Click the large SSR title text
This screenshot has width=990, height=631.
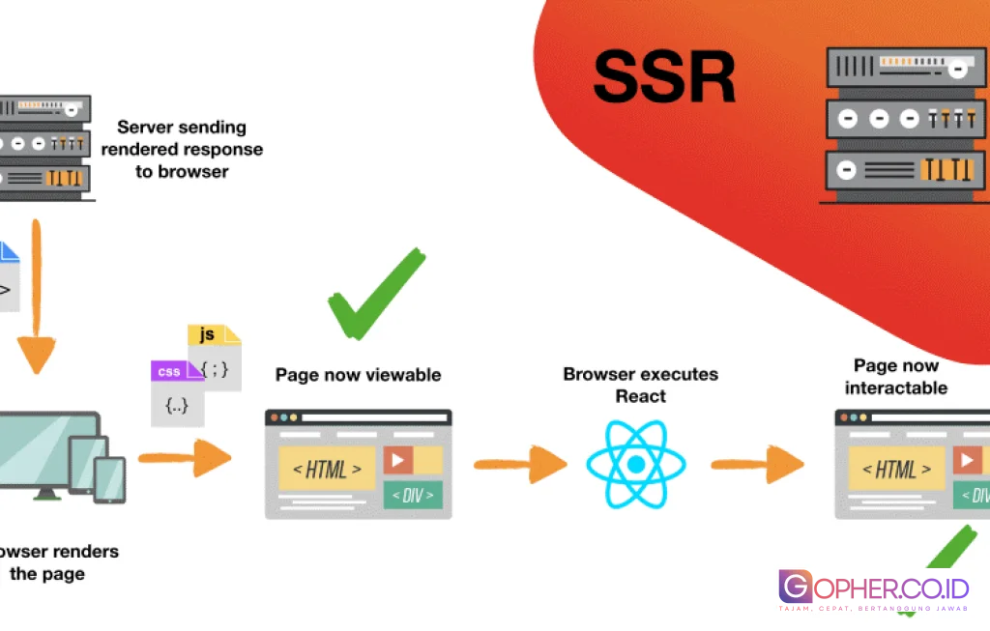coord(664,77)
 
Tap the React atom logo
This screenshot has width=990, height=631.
coord(635,465)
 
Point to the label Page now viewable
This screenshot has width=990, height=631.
coord(358,375)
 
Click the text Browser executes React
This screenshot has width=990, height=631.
coord(641,385)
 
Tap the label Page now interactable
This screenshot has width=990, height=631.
coord(895,377)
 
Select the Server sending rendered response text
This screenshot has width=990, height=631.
coord(182,149)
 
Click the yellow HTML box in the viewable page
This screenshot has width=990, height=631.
coord(327,469)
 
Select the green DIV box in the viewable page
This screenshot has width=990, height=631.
coord(413,496)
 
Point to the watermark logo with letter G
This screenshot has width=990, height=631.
coord(796,588)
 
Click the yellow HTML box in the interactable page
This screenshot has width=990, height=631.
coord(896,469)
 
